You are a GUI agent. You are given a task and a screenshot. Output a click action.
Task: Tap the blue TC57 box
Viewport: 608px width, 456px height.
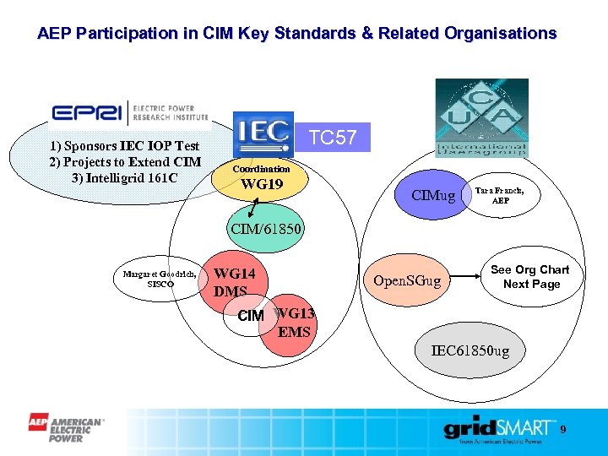point(334,137)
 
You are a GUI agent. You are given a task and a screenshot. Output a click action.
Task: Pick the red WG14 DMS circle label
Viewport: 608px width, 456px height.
point(234,282)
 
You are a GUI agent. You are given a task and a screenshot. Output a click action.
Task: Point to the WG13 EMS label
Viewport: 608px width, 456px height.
point(295,323)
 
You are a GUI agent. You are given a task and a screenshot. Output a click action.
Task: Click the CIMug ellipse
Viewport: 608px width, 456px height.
point(433,197)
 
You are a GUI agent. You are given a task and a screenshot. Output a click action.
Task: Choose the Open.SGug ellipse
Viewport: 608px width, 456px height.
point(407,280)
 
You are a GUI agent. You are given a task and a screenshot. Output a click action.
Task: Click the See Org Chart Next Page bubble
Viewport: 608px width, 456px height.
point(530,277)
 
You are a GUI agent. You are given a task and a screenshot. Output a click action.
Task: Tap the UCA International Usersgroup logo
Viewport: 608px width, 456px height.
point(481,117)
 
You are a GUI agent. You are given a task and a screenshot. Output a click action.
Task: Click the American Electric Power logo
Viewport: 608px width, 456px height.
point(66,427)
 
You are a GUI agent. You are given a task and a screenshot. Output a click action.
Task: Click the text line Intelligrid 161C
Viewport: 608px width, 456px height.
point(125,178)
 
